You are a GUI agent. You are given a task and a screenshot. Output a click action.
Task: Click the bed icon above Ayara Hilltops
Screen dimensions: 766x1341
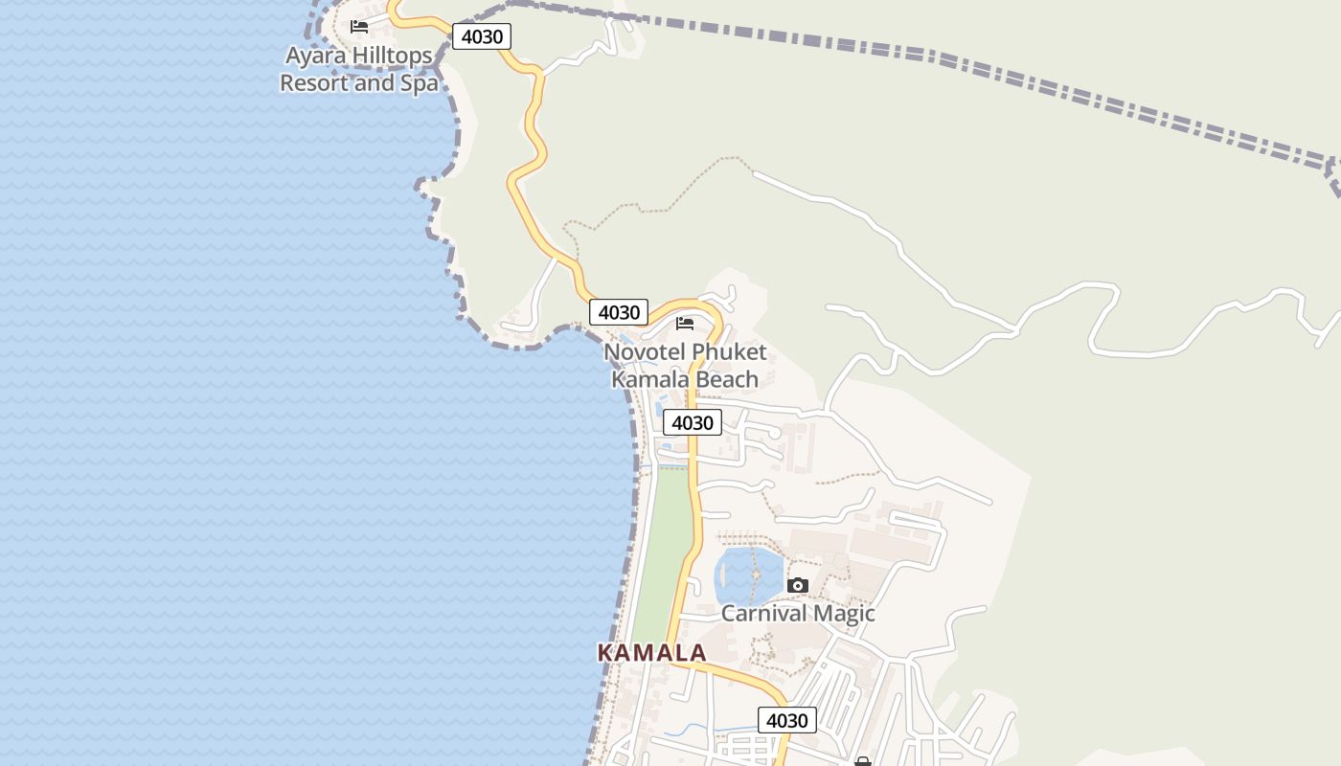tap(359, 27)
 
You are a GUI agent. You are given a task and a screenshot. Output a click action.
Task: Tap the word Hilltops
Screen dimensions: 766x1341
tap(393, 56)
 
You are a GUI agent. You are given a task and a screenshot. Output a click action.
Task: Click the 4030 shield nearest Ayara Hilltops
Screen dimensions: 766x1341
tap(481, 36)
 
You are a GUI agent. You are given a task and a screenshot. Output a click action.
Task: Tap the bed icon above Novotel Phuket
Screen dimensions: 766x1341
tap(685, 324)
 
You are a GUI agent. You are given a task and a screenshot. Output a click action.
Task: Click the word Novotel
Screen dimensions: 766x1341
tap(645, 352)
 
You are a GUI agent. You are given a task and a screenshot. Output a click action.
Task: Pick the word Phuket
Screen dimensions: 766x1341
tap(730, 352)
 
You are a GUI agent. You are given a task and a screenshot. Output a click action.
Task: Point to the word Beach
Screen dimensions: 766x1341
tap(726, 379)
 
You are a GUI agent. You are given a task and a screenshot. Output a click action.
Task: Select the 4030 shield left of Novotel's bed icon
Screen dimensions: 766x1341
tap(619, 312)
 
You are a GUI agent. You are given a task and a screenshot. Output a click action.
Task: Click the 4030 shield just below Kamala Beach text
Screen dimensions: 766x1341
tap(693, 422)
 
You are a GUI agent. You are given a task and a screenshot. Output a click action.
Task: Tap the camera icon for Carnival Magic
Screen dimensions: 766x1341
tap(797, 585)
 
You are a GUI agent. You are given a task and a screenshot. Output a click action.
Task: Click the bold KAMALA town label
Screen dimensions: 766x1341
tap(652, 653)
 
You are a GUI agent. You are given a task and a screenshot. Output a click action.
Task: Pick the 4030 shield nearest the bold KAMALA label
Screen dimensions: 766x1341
tap(787, 720)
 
